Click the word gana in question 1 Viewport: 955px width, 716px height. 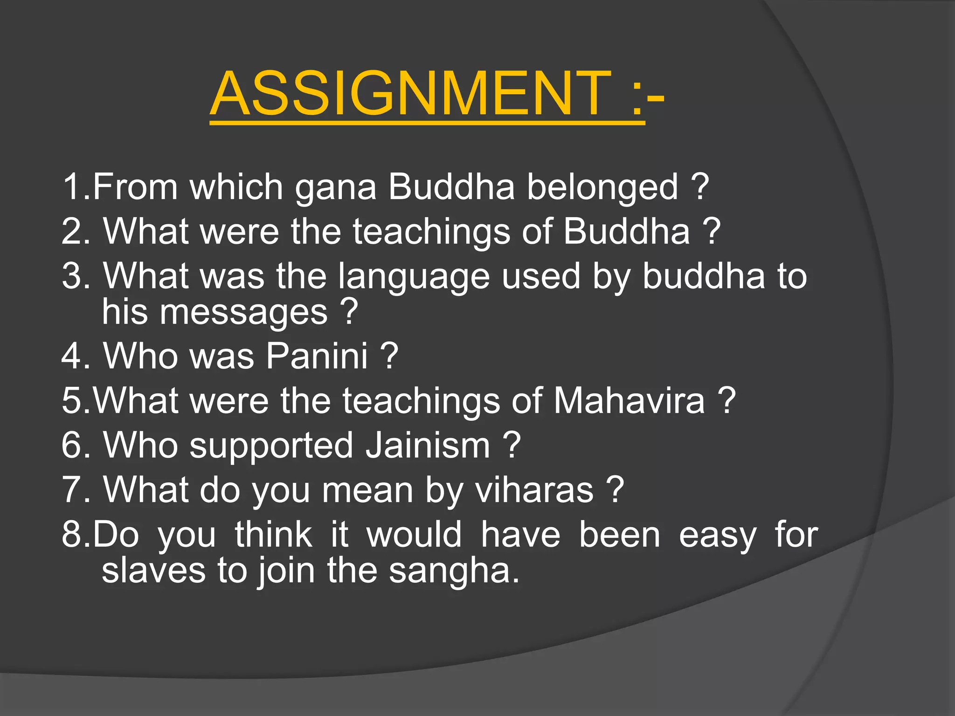(x=335, y=187)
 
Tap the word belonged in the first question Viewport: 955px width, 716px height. (x=602, y=187)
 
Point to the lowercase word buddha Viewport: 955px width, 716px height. (x=704, y=276)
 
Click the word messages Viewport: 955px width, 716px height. (x=244, y=312)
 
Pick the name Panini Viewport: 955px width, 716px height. (x=317, y=356)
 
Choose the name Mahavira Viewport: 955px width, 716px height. (x=629, y=401)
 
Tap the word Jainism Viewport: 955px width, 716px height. (x=428, y=446)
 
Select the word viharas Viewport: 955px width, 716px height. (x=534, y=490)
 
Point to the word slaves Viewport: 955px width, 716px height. (x=153, y=571)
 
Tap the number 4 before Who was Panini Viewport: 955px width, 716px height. (x=72, y=356)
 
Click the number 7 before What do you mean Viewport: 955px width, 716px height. (x=72, y=490)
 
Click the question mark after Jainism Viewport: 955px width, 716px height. (x=512, y=446)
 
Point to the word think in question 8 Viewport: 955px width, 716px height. (x=273, y=535)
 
